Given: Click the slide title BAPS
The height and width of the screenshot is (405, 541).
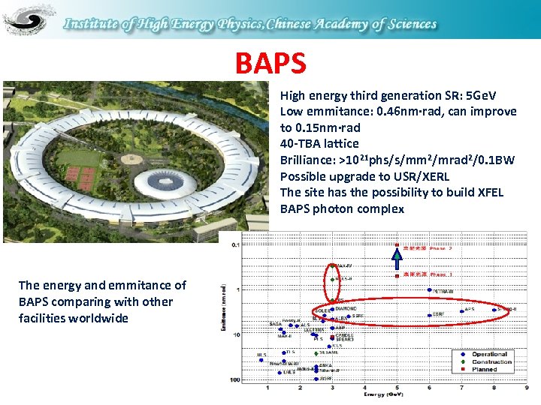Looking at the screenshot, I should click(x=270, y=63).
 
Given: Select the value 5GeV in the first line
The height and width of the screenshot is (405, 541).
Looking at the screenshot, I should click(x=481, y=95).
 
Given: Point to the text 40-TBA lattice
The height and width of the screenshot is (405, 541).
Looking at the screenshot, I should click(x=319, y=143).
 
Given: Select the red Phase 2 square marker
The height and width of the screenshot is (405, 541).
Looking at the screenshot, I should click(x=397, y=247).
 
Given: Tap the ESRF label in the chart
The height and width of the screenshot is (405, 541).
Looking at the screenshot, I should click(x=439, y=314).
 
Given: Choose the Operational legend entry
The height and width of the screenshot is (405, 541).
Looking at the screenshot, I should click(x=489, y=354).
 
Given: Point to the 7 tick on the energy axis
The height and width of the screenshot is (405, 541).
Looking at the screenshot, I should click(x=461, y=387).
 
